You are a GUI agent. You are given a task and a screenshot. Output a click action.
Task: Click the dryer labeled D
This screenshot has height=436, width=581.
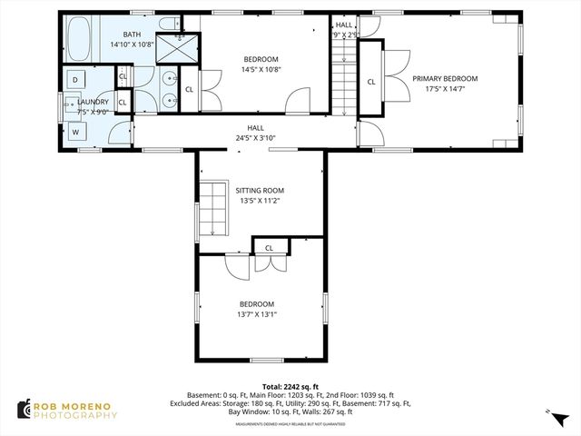point(74,81)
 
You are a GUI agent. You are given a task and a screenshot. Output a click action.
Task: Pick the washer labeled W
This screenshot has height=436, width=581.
point(74,131)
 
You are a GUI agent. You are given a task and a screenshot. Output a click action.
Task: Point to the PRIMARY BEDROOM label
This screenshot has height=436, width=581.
point(444,79)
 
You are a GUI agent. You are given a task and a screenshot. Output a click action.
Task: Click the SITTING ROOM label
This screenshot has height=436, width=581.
point(260,191)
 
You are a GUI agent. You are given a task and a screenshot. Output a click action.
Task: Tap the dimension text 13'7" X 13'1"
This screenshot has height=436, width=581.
point(257,314)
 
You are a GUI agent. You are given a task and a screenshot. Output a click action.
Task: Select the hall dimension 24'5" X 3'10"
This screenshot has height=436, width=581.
point(254,138)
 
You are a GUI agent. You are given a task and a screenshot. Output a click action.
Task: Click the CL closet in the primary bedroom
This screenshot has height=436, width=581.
point(371,82)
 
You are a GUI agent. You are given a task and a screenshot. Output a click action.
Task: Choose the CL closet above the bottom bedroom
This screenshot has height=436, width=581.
point(269,248)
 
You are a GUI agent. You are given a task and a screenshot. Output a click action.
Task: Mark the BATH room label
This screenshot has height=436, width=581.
point(119,34)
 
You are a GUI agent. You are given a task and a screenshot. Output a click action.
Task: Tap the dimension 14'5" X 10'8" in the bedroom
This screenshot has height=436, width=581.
point(260,70)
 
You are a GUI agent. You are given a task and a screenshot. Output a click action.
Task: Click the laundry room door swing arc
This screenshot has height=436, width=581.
point(117,133)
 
